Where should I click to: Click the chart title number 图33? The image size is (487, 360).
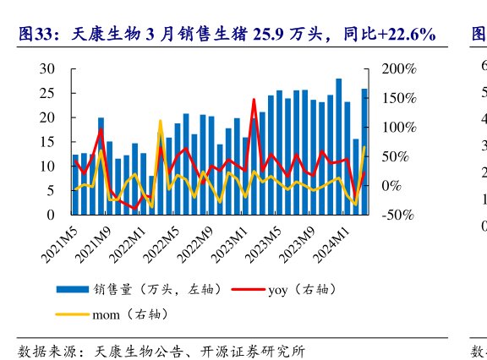coord(36,35)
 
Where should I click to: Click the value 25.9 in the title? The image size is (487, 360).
coord(276,35)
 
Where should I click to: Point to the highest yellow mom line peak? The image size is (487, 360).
coord(160,121)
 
